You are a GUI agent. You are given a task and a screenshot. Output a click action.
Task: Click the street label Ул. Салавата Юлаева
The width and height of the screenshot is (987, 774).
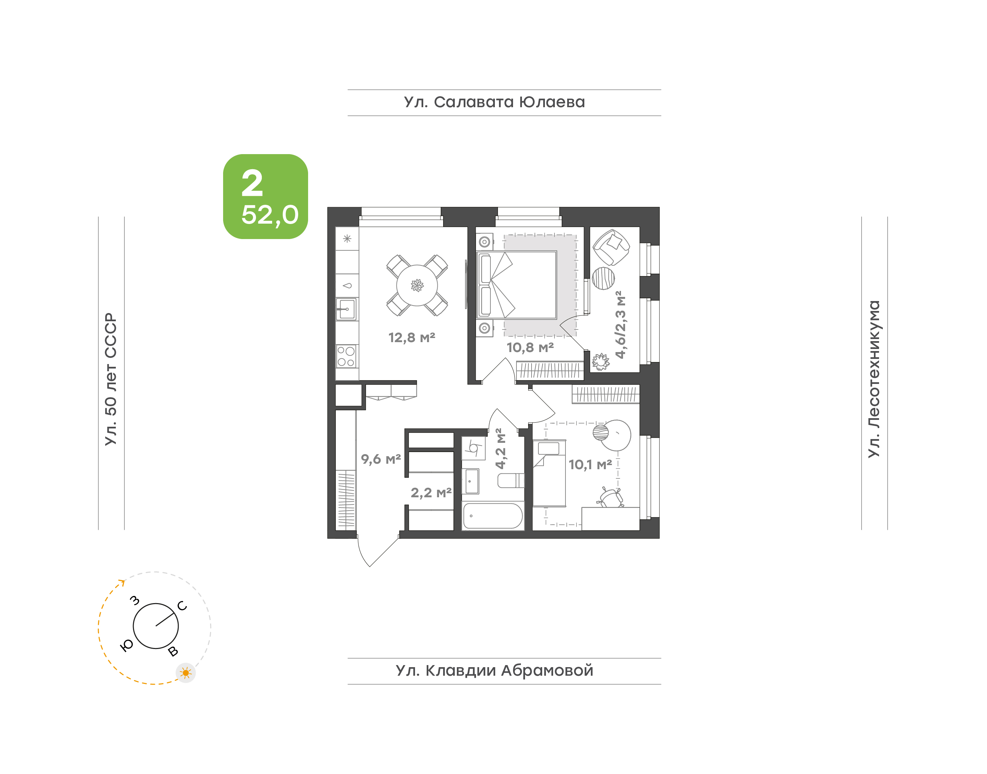[x=494, y=102]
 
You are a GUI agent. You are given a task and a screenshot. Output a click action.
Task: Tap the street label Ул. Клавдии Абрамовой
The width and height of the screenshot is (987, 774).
[x=494, y=670]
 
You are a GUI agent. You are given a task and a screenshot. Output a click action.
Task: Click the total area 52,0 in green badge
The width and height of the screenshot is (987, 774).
[x=270, y=215]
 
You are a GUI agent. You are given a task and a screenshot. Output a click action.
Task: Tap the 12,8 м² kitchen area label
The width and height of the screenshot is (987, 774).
[x=412, y=338]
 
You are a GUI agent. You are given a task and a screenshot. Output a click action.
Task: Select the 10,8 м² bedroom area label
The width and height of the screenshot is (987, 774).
[x=530, y=348]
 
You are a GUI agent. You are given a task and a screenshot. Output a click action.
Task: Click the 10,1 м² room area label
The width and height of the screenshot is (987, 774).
[x=590, y=464]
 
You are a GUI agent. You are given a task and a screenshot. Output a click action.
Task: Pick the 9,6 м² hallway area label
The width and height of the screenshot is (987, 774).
[x=381, y=459]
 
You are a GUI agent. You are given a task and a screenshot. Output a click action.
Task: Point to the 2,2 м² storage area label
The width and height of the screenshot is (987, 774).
[x=431, y=492]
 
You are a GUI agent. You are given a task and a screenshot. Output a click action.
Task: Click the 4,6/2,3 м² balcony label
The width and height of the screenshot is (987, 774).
[x=620, y=325]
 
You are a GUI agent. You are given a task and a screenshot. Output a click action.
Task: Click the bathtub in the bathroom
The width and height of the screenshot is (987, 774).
[x=493, y=516]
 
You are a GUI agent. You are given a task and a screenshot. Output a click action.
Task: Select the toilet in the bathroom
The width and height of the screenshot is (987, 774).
[x=511, y=480]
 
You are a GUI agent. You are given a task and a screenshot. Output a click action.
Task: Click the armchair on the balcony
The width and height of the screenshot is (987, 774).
[x=611, y=247]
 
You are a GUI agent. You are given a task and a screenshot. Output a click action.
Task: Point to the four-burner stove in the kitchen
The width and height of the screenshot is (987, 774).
[x=346, y=356]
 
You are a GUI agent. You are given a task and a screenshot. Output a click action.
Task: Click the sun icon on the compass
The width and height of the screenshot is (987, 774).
[x=185, y=673]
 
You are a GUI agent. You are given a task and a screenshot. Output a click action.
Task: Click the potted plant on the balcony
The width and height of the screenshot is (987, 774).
[x=601, y=362]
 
